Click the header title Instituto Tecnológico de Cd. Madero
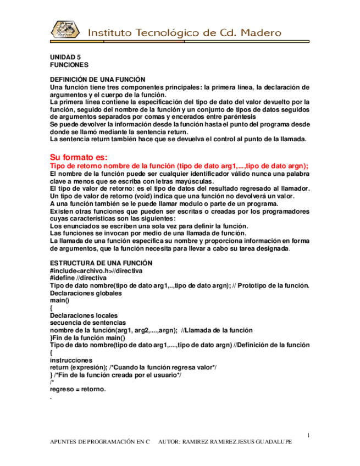click(x=186, y=32)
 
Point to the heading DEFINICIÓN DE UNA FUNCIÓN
click(x=97, y=80)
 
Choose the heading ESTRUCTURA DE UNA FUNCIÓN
click(x=97, y=263)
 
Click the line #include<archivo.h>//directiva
click(x=96, y=270)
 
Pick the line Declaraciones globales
click(x=86, y=293)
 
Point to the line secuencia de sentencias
click(x=87, y=323)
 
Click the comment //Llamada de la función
click(x=217, y=330)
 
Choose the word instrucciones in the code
click(x=70, y=360)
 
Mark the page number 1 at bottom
click(x=309, y=435)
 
